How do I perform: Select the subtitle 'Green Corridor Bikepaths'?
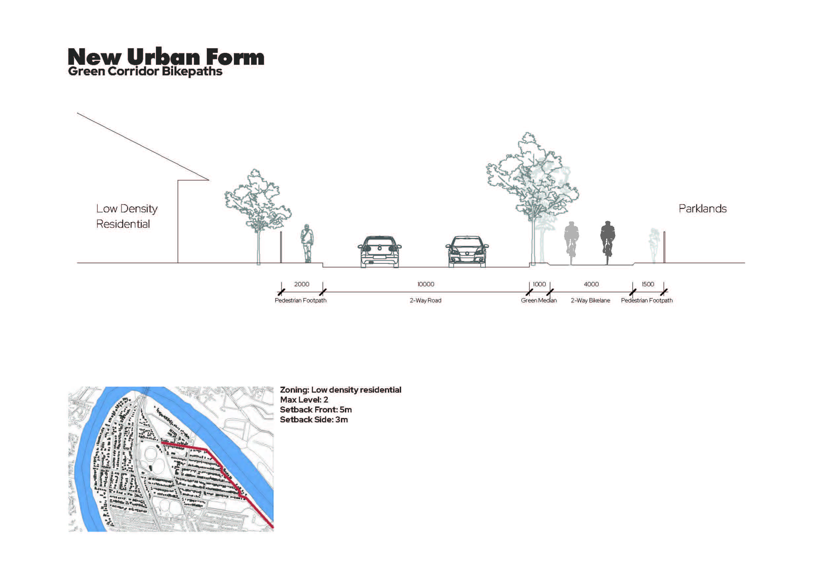pyautogui.click(x=145, y=71)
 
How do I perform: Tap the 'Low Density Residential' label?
pyautogui.click(x=127, y=216)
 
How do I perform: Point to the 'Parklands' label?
pyautogui.click(x=702, y=209)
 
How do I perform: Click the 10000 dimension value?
pyautogui.click(x=426, y=284)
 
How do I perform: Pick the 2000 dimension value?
pyautogui.click(x=301, y=284)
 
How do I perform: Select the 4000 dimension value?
pyautogui.click(x=591, y=284)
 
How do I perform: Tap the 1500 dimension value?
pyautogui.click(x=648, y=284)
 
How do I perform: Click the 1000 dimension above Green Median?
pyautogui.click(x=539, y=284)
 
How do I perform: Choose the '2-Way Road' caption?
pyautogui.click(x=425, y=300)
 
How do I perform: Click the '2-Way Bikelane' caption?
pyautogui.click(x=590, y=300)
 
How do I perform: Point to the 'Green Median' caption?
pyautogui.click(x=539, y=300)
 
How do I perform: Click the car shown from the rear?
pyautogui.click(x=380, y=251)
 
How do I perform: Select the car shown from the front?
pyautogui.click(x=467, y=251)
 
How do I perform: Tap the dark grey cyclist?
pyautogui.click(x=608, y=243)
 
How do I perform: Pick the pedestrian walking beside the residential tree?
pyautogui.click(x=307, y=243)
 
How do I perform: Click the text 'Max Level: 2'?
pyautogui.click(x=304, y=400)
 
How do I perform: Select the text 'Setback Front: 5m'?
pyautogui.click(x=316, y=409)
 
